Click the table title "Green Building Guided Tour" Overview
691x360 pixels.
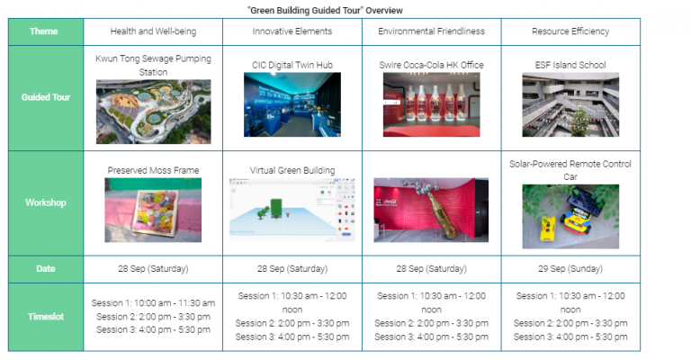(325, 10)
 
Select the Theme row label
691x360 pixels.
(43, 31)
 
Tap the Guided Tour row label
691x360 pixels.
(46, 97)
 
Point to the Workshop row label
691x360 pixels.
(46, 202)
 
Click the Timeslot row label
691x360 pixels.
(46, 317)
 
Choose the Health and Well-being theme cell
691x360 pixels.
(153, 31)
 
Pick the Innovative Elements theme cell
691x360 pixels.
(292, 31)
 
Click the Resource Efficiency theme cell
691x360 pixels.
(570, 31)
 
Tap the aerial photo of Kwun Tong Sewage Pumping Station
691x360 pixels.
(153, 112)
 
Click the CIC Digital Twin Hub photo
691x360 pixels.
(292, 104)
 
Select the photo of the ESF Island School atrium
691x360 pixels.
(570, 104)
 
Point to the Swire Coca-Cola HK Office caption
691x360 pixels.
(432, 65)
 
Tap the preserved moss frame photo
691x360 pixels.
(153, 210)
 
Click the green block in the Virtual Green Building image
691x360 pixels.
(276, 208)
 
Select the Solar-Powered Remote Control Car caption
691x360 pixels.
(570, 170)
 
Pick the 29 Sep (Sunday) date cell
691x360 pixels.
(570, 269)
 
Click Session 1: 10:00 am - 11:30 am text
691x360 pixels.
(153, 303)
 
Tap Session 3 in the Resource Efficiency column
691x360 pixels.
(570, 337)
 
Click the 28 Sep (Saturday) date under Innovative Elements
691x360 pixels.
(292, 269)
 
